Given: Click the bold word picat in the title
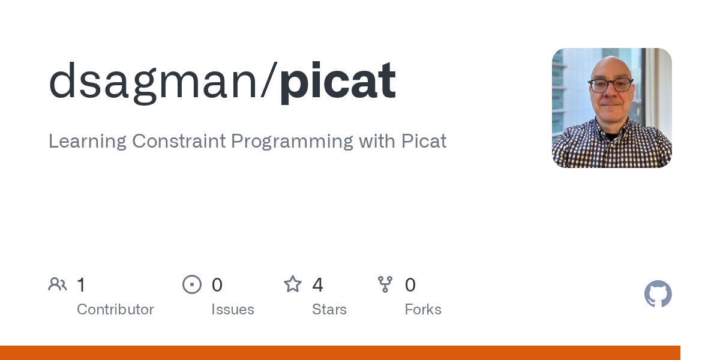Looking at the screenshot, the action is [x=338, y=82].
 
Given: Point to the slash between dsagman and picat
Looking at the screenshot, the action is [x=269, y=80].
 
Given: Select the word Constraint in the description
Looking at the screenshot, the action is [x=179, y=141].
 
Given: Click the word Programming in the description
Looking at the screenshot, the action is [x=292, y=142].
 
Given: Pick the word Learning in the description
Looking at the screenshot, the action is [x=88, y=142].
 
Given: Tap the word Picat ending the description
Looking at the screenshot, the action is [x=424, y=141].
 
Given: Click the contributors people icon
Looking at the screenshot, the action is [x=58, y=284].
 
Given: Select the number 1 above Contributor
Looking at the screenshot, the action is [x=82, y=285].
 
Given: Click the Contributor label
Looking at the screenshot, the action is [x=115, y=310].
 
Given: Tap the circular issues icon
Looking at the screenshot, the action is [x=192, y=284].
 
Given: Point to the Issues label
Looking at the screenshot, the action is [x=233, y=310].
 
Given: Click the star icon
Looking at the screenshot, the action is [x=293, y=284].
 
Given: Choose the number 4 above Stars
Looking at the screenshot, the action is [x=317, y=285].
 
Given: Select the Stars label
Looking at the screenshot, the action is [x=329, y=310].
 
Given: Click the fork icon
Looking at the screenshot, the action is [x=385, y=284].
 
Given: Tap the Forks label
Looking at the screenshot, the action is [x=423, y=310].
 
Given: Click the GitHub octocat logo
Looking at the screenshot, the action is [x=658, y=294].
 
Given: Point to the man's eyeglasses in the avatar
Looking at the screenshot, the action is [x=610, y=85].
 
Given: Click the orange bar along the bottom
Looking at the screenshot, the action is [x=340, y=353].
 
